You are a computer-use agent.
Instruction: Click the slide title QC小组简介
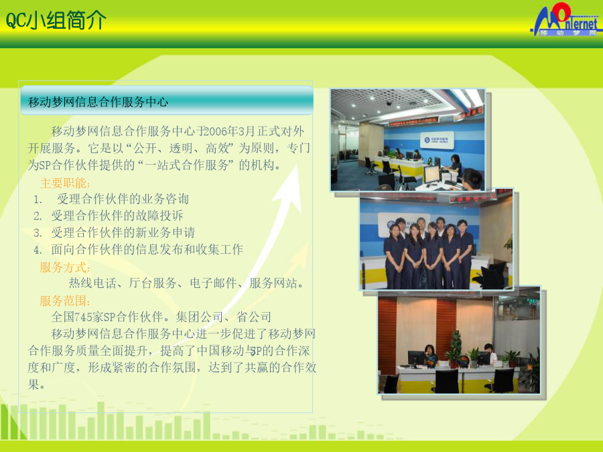point(56,20)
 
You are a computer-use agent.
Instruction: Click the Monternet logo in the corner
point(565,20)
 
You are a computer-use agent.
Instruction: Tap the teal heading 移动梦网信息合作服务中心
point(98,102)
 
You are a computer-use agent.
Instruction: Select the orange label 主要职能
point(65,183)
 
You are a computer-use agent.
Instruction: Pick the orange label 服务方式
point(65,267)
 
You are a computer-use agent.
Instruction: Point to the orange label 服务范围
point(65,301)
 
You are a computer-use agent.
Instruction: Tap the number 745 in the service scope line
point(82,317)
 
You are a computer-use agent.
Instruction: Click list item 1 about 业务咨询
point(111,199)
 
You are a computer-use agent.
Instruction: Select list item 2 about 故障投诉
point(108,216)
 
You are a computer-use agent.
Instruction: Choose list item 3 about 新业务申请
point(114,232)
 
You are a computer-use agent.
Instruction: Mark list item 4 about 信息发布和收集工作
point(139,250)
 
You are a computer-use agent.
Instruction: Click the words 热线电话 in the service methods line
point(92,283)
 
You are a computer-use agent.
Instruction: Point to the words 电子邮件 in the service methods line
point(214,283)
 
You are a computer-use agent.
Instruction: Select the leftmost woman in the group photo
point(394,256)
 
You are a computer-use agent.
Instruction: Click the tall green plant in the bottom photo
point(456,348)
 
